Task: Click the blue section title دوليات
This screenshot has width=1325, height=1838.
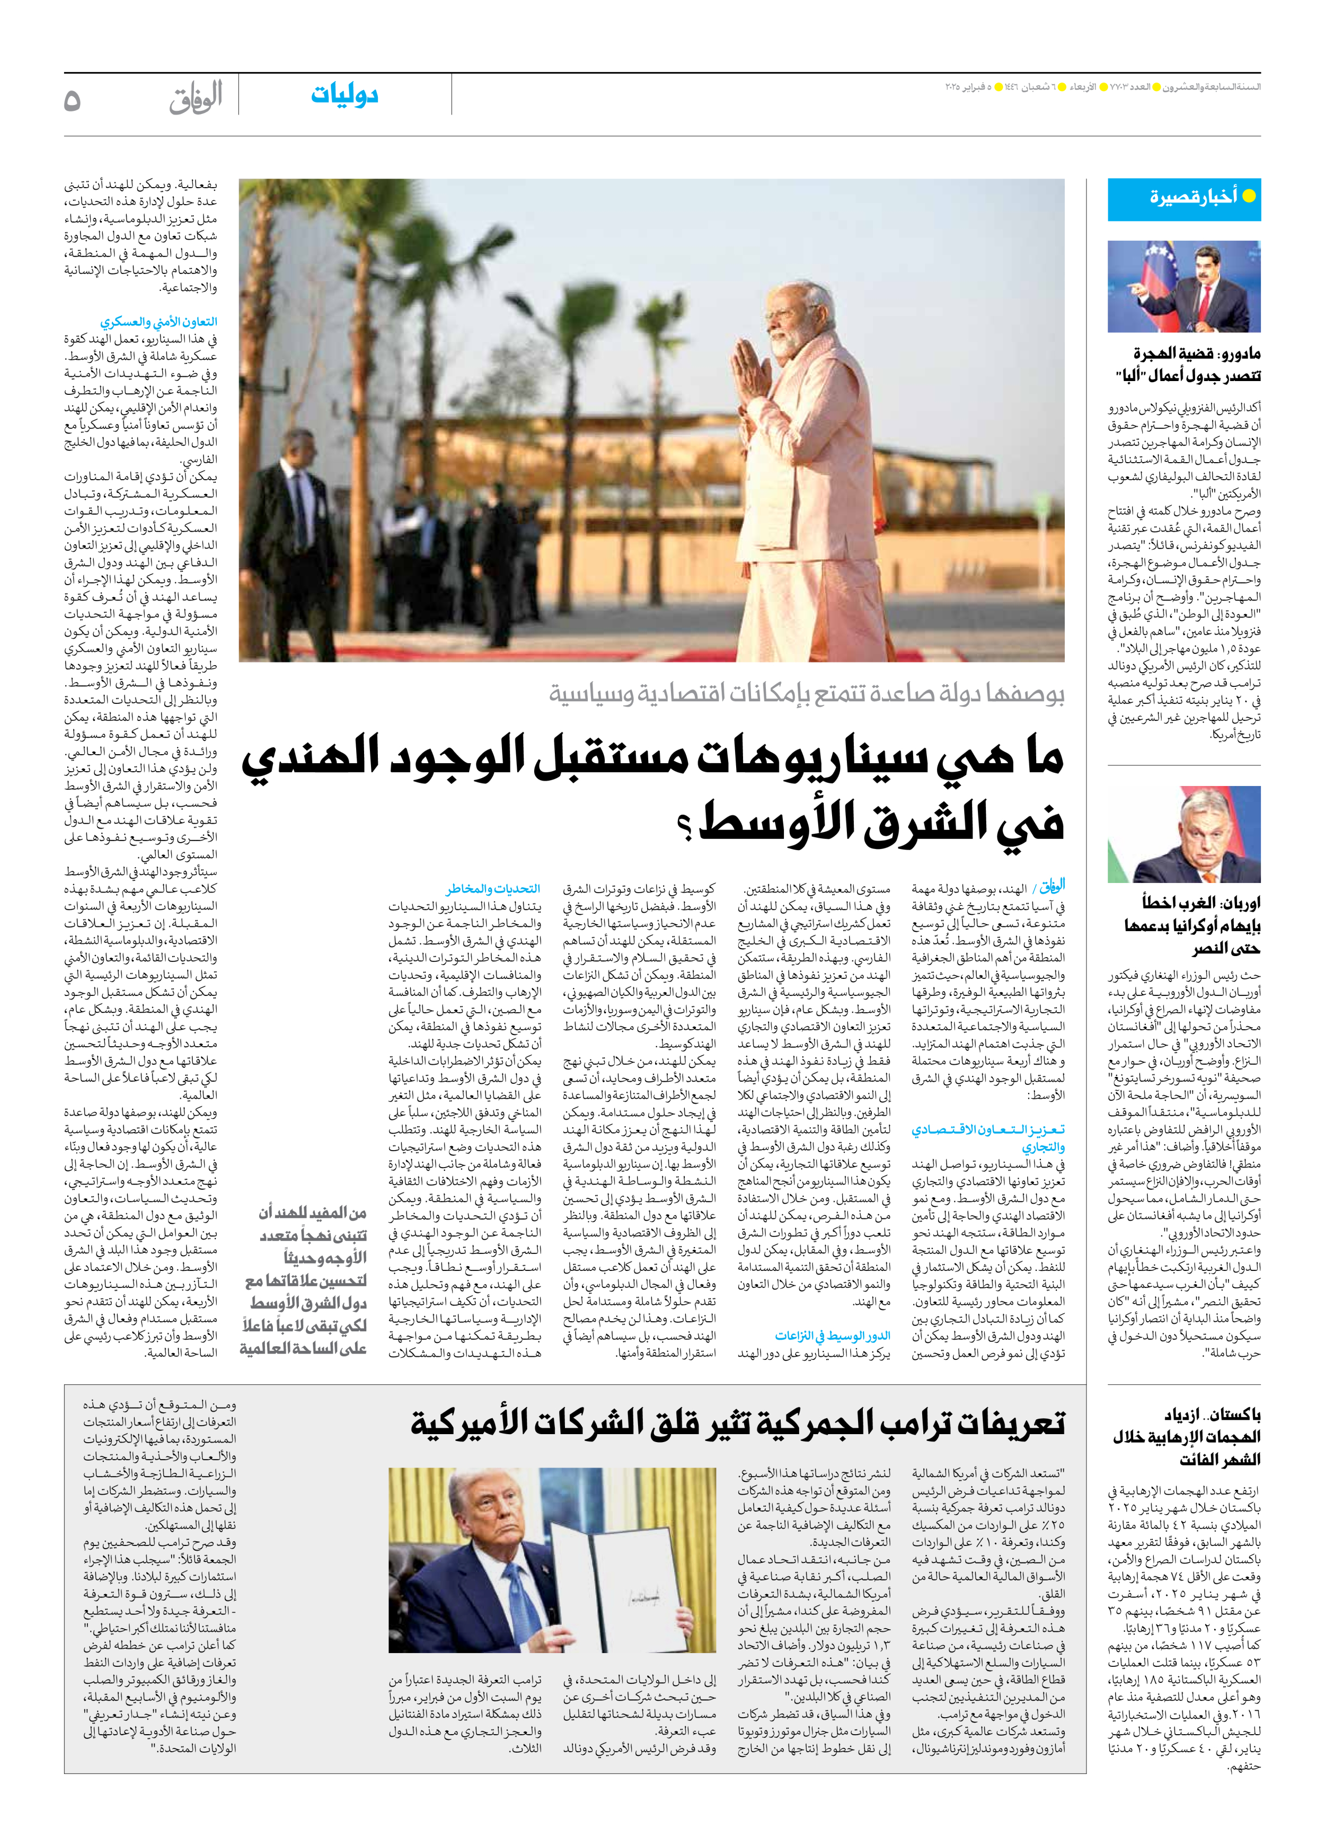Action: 344,95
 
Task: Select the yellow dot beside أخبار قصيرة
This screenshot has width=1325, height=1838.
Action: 1249,196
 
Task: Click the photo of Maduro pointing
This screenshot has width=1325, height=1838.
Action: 1184,286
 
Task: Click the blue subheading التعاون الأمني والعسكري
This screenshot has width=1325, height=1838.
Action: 159,322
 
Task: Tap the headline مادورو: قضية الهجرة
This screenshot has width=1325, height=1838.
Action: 1197,354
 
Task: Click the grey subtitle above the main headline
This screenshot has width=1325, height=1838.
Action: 806,694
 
